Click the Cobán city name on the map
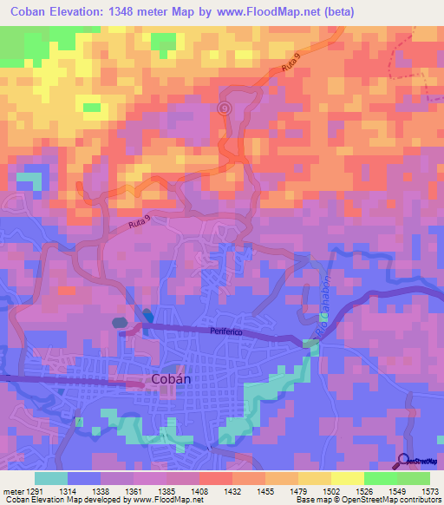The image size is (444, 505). pos(171,379)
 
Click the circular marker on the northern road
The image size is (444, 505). pos(225,108)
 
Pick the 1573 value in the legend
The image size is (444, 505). pos(419,491)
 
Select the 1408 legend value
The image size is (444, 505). pos(199,491)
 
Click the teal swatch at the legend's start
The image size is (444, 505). pos(51,478)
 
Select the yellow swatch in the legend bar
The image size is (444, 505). pos(347,478)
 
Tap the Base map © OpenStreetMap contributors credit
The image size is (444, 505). pos(367,501)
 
